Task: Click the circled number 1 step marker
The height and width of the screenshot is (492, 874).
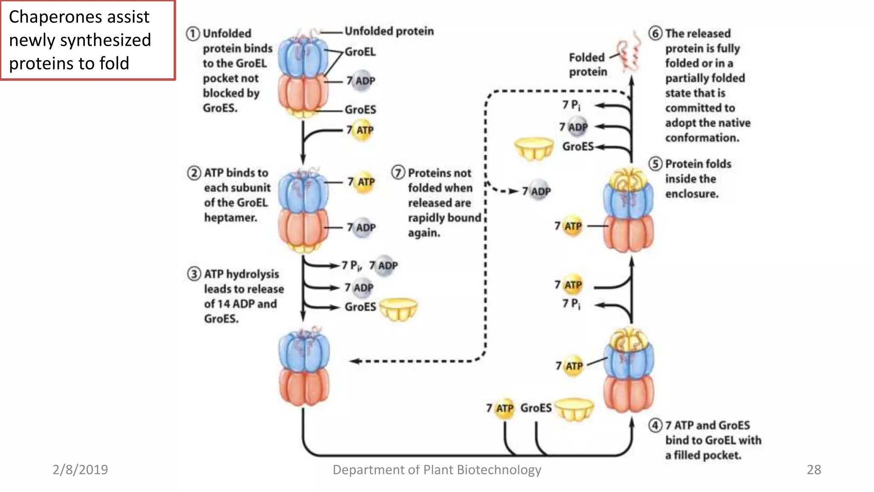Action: tap(193, 33)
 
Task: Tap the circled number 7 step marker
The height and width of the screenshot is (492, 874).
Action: tap(398, 173)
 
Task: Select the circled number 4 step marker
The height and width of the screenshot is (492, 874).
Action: tap(655, 425)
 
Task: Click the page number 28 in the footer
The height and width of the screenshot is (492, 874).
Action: tap(814, 470)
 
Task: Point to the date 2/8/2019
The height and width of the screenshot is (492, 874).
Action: tap(80, 470)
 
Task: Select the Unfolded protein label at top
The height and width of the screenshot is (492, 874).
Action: tap(389, 31)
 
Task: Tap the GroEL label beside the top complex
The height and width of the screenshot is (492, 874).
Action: tap(360, 52)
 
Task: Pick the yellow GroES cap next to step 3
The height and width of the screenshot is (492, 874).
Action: tap(398, 309)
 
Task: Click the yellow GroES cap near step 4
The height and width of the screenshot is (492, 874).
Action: tap(574, 409)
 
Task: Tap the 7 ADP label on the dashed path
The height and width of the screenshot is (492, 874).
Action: tap(537, 191)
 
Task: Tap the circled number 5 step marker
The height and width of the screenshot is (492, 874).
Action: tap(655, 164)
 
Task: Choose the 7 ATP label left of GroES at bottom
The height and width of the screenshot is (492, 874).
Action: tap(501, 408)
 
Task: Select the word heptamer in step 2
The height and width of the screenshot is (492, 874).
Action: tap(230, 218)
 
